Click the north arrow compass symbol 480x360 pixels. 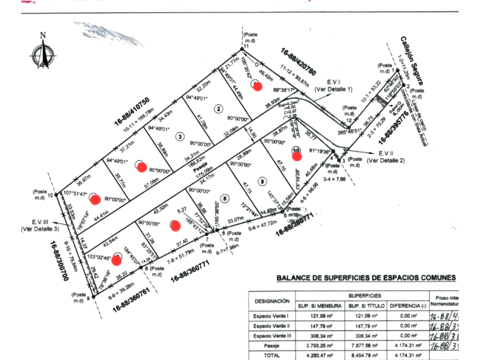tap(44, 52)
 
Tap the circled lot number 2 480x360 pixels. tap(218, 109)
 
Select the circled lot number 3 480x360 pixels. tap(180, 137)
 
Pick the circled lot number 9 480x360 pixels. tap(262, 181)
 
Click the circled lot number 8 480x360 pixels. tap(225, 199)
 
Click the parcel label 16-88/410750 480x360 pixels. tap(132, 111)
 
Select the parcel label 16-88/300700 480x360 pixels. tap(60, 261)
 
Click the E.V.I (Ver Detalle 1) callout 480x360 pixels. tap(333, 86)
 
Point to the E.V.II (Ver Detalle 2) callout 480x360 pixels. tap(386, 157)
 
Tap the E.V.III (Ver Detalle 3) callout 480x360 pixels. tap(39, 226)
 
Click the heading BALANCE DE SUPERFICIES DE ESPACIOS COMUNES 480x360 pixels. tap(366, 278)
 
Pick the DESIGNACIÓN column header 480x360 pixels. tap(272, 301)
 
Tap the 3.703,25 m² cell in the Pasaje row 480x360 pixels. tap(319, 346)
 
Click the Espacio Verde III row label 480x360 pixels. tap(272, 336)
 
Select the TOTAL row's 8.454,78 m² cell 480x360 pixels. tap(364, 355)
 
